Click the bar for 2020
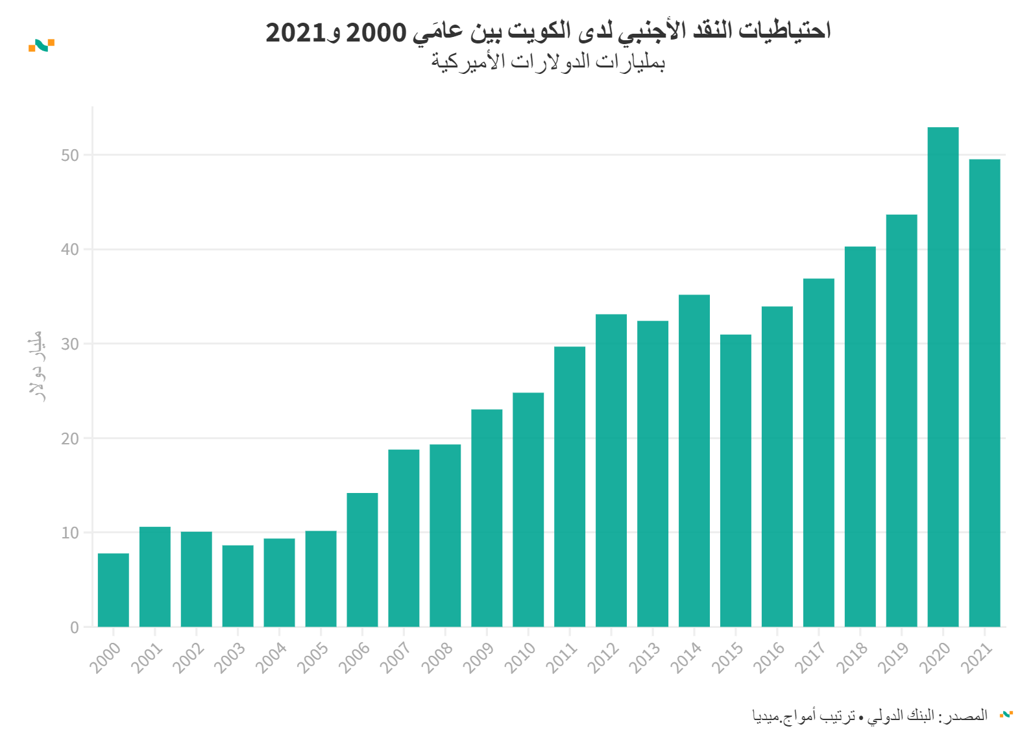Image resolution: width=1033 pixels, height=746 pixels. (943, 377)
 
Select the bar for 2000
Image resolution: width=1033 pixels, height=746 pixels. (114, 590)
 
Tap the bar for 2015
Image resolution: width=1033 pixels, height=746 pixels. (736, 481)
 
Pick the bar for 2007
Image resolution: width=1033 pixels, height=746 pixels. (404, 538)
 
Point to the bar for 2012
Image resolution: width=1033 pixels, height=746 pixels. (611, 470)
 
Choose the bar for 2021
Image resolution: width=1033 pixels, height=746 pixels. (984, 393)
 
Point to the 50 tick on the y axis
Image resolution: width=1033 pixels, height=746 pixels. (70, 155)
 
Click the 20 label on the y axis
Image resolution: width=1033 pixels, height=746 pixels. (70, 439)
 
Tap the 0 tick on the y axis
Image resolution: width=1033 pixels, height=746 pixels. (75, 627)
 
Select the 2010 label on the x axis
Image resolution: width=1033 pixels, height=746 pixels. (520, 657)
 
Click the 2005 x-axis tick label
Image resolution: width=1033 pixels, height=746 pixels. (313, 657)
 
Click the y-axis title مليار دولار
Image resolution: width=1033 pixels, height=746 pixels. (37, 366)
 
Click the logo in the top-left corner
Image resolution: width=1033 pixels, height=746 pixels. (42, 45)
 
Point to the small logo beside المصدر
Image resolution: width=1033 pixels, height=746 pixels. (1006, 714)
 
